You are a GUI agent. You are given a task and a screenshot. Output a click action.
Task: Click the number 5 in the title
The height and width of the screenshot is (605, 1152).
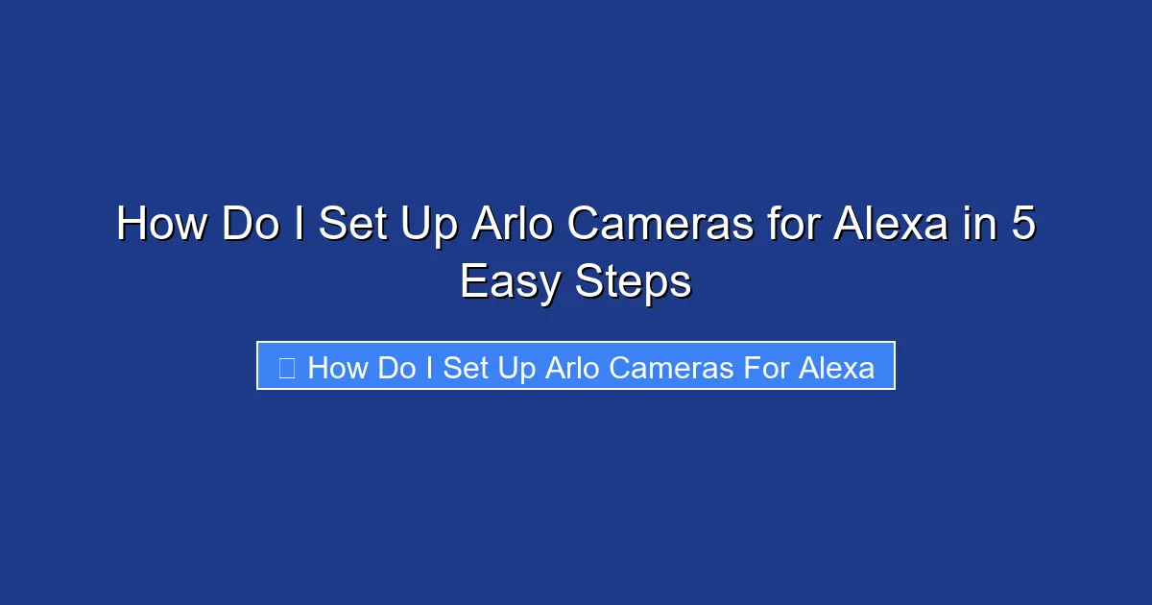1023,225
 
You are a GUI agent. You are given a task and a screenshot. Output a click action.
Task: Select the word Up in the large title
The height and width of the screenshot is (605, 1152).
427,225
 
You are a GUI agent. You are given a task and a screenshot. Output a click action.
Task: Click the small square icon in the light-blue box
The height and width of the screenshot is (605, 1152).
286,367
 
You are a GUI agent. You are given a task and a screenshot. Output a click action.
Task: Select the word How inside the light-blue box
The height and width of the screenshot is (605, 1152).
339,367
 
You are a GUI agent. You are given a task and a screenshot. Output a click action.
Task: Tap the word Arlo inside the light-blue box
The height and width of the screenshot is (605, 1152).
571,367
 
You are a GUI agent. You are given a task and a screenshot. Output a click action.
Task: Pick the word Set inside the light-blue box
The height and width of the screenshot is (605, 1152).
467,367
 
